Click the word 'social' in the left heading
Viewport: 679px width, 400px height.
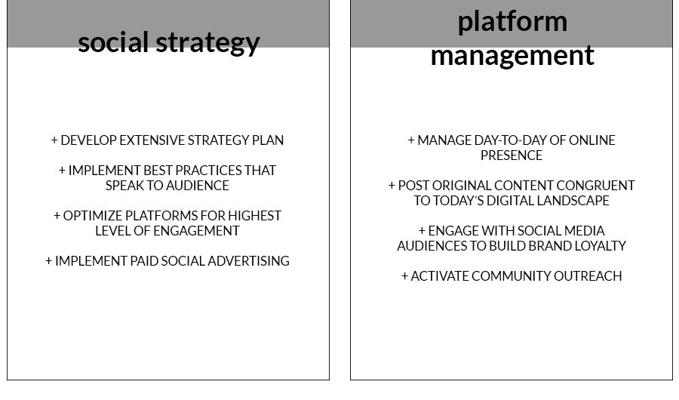click(x=113, y=42)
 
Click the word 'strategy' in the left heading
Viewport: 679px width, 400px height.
click(x=208, y=43)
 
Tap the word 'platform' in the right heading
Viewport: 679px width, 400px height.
click(x=512, y=22)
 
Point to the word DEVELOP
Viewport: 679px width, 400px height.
click(x=89, y=140)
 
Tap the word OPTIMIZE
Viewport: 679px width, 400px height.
click(x=93, y=216)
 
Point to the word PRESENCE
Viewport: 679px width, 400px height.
click(x=512, y=155)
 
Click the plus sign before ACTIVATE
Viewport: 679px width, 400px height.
click(x=405, y=276)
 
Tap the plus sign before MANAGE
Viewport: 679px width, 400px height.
click(x=411, y=140)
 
